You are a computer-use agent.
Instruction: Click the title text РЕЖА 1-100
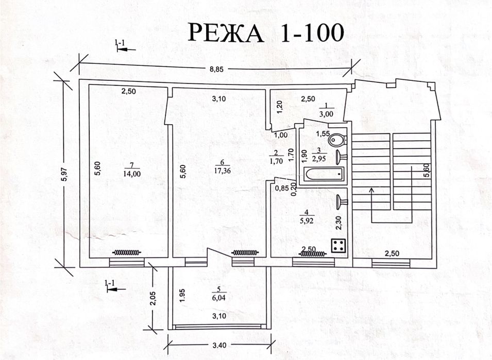pos(266,32)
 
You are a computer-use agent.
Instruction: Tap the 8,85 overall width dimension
pos(216,69)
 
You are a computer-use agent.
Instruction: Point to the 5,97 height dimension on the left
pos(64,175)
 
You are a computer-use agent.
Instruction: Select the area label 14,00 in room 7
pos(132,174)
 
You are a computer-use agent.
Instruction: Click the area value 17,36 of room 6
pos(223,171)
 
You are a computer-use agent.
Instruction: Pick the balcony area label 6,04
pos(219,298)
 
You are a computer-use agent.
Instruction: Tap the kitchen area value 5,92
pos(307,221)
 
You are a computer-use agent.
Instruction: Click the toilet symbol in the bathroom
pos(337,139)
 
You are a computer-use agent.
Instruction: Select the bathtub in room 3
pos(325,174)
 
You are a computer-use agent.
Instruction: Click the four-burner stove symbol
pos(339,245)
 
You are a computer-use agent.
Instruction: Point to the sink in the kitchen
pos(341,202)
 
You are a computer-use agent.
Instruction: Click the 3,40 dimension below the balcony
pos(219,345)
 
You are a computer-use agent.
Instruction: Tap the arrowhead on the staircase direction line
pos(372,190)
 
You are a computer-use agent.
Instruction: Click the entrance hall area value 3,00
pos(326,114)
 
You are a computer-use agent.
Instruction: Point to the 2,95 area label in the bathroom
pos(319,159)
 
